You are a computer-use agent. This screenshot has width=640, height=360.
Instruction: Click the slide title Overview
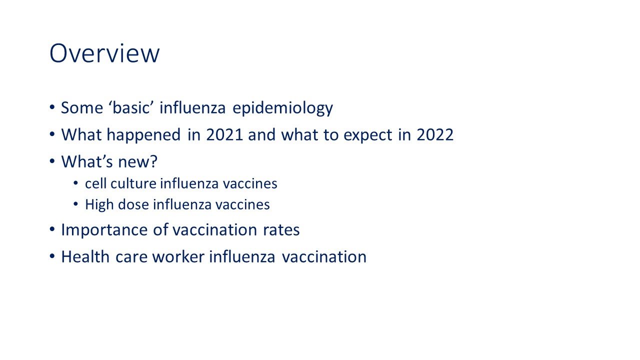point(104,53)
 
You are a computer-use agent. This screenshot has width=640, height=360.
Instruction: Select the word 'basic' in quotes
point(131,108)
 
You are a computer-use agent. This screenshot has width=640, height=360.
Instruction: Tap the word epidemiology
point(282,108)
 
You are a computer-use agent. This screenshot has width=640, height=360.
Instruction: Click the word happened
point(143,135)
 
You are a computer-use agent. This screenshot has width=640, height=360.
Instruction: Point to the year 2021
point(224,135)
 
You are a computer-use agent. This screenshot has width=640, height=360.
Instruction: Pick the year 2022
point(435,135)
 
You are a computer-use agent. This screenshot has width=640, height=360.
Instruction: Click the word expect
point(367,135)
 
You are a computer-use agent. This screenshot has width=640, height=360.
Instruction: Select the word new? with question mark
point(137,161)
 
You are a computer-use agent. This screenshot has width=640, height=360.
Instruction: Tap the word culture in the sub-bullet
point(133,183)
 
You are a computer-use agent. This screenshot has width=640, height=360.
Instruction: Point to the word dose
point(133,204)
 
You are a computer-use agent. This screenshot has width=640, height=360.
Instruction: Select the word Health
point(85,256)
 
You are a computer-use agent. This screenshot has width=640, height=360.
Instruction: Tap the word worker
point(178,256)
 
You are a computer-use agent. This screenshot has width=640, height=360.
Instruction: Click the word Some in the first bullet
point(82,108)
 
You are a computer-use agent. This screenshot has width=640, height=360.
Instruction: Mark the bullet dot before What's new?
point(52,161)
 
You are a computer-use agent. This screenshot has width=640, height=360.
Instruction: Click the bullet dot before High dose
point(75,204)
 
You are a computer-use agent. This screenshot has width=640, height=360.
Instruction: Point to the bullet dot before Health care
point(52,256)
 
